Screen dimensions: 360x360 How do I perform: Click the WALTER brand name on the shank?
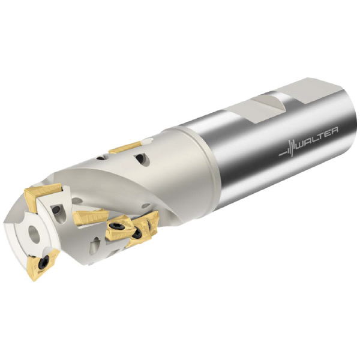point(317,139)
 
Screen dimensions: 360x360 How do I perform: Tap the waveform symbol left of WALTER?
point(288,150)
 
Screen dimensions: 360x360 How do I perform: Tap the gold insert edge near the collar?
point(125,147)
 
